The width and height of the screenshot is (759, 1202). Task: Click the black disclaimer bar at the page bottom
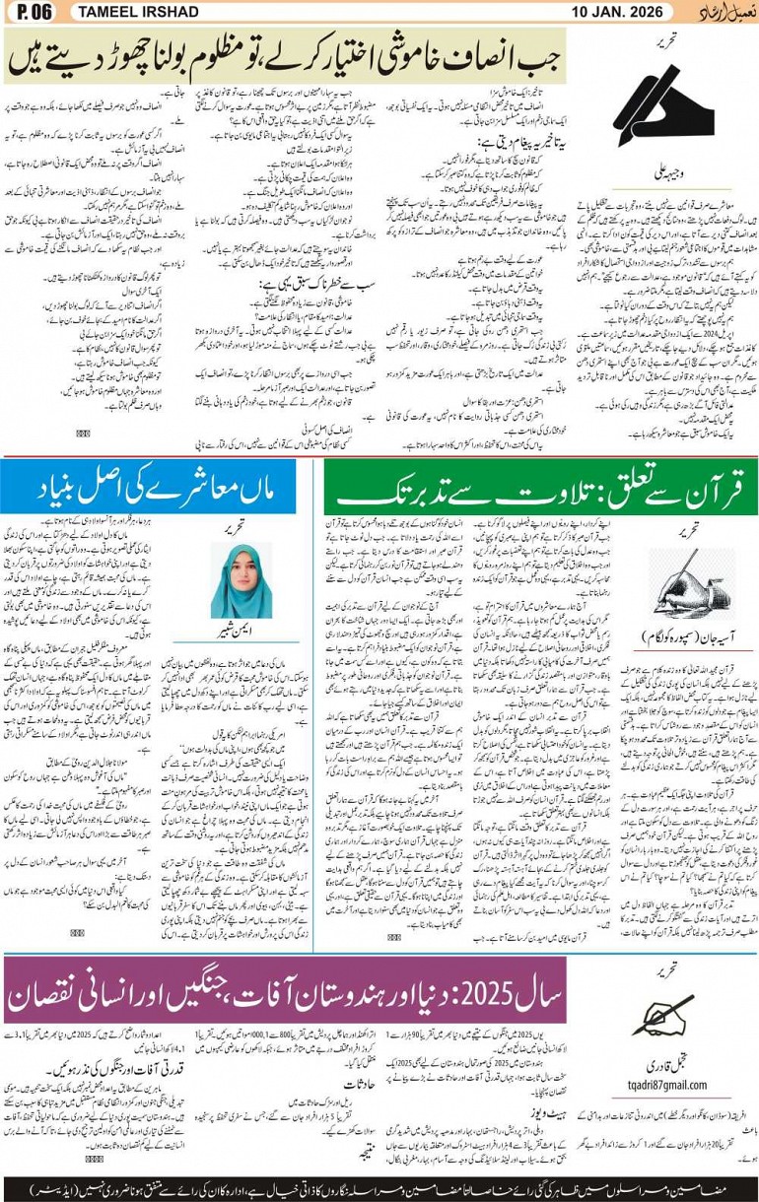pyautogui.click(x=379, y=1187)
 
